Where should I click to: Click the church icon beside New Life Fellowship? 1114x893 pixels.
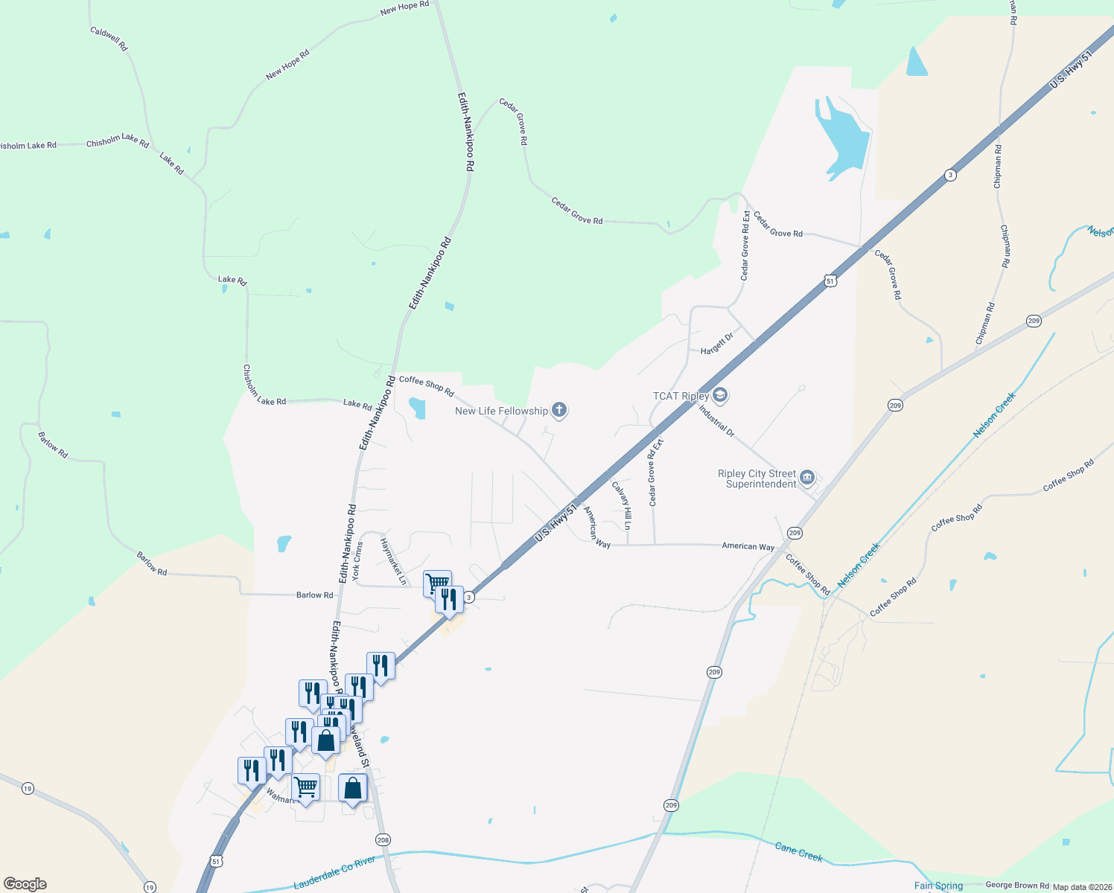(x=559, y=410)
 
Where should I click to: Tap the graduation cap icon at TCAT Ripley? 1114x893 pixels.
(x=719, y=395)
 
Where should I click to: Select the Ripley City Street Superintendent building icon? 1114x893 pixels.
(x=807, y=478)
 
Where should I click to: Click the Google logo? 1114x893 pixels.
(x=25, y=884)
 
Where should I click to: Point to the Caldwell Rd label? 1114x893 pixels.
(x=109, y=39)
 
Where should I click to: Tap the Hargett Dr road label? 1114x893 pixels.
(x=717, y=345)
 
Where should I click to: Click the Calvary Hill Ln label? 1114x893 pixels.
(x=622, y=505)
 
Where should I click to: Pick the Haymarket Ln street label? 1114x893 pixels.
(x=393, y=561)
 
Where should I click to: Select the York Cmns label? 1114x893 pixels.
(x=357, y=560)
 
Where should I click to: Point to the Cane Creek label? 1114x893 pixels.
(x=798, y=852)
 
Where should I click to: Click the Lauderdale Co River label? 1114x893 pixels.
(x=334, y=872)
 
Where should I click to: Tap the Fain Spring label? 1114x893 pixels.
(x=938, y=886)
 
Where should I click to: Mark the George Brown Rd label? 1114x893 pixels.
(x=1017, y=886)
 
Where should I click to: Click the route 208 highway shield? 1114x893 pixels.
(x=383, y=840)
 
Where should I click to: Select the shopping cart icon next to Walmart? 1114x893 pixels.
(x=305, y=787)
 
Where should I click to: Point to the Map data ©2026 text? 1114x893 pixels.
(x=1082, y=887)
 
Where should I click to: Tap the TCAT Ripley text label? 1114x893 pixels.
(x=681, y=396)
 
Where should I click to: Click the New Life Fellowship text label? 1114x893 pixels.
(x=501, y=411)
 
